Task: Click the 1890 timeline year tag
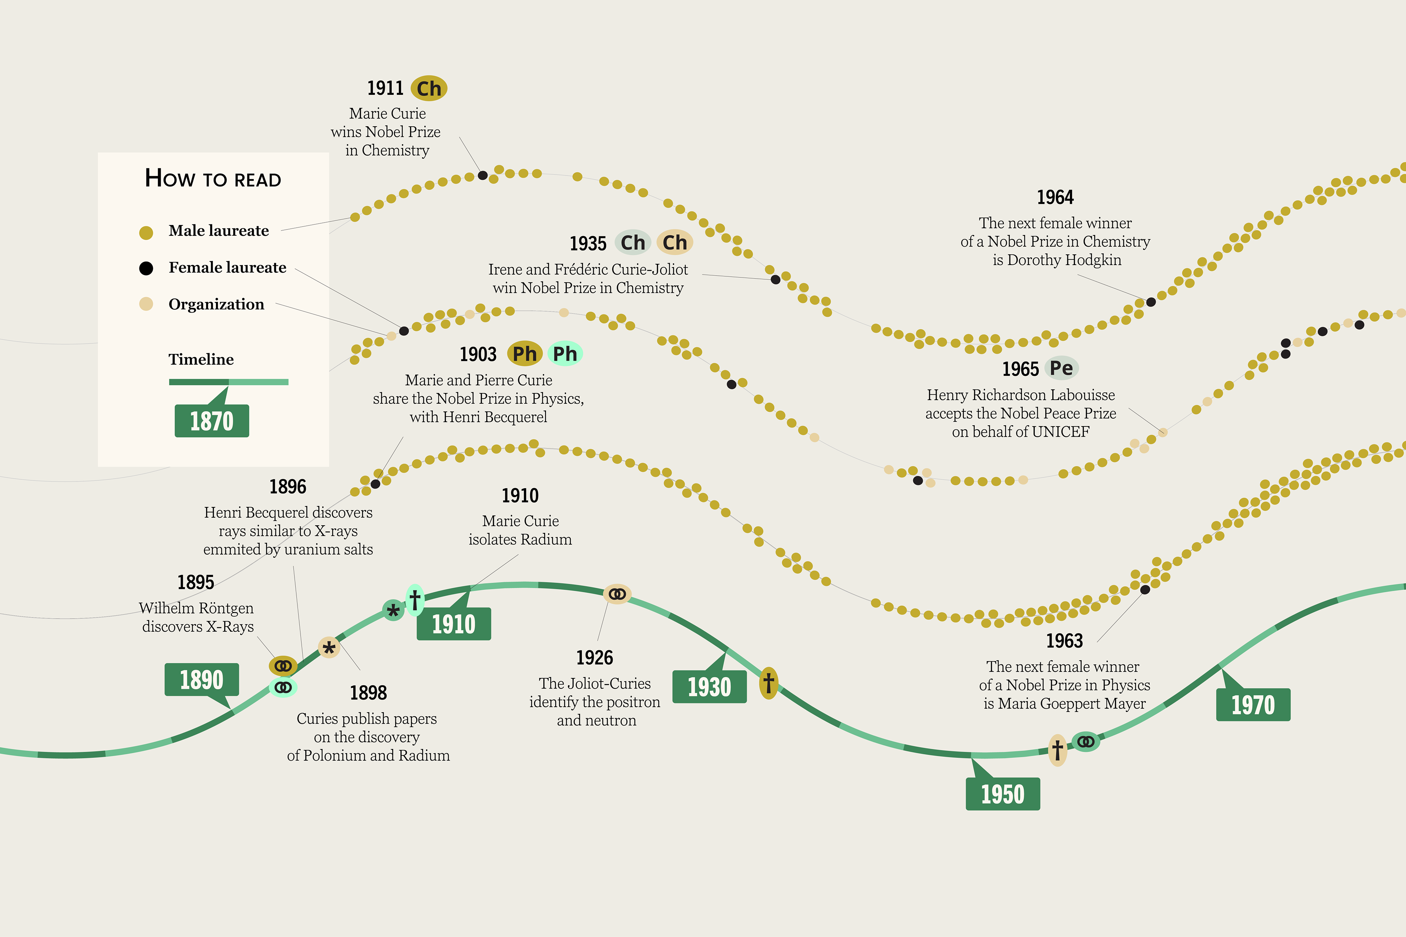tap(201, 679)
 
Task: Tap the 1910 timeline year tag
tap(454, 624)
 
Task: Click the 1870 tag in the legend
tap(212, 421)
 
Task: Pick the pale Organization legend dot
tap(146, 304)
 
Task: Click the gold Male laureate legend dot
tap(146, 232)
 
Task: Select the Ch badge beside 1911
tap(429, 89)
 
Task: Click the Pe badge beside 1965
tap(1061, 368)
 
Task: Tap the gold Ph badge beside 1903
tap(524, 354)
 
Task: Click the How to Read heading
tap(213, 179)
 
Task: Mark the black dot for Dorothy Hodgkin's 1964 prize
tap(1151, 302)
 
